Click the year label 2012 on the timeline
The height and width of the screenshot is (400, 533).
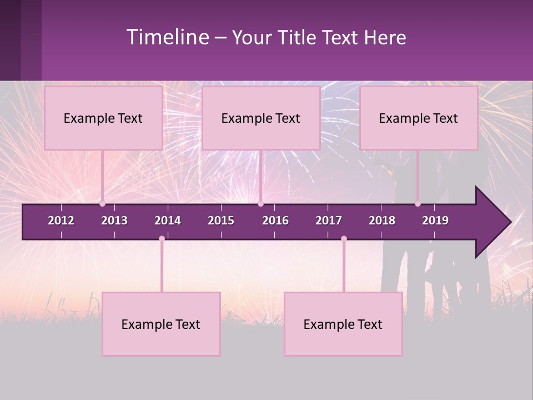(61, 221)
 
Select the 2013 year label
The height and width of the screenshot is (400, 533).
(114, 221)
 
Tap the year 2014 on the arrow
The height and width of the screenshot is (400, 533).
(168, 221)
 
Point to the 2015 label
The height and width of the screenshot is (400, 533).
(221, 221)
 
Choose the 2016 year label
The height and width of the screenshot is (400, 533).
(275, 221)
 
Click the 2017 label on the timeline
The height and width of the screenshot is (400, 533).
(329, 221)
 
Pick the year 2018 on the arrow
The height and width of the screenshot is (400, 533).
(382, 221)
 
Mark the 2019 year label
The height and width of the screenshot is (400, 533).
(435, 221)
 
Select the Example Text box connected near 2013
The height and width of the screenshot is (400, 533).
(103, 118)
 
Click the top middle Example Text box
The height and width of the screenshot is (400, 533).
(261, 118)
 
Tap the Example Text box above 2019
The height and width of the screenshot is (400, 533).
(419, 118)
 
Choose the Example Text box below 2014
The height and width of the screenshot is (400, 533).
(161, 324)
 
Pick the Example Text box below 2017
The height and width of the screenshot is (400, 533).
(343, 324)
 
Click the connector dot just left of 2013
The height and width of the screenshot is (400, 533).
(102, 204)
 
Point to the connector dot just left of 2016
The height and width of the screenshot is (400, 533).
(260, 204)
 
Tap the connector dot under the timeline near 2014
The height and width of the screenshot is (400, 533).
(162, 239)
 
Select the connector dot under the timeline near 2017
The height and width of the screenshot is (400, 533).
(344, 239)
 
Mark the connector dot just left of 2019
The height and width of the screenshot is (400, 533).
(418, 204)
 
